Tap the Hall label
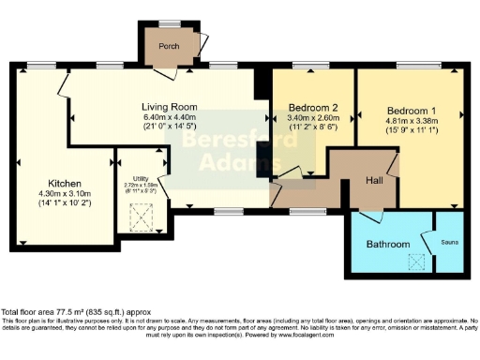(x=374, y=179)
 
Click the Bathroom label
(x=388, y=244)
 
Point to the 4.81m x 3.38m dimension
(x=409, y=120)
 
